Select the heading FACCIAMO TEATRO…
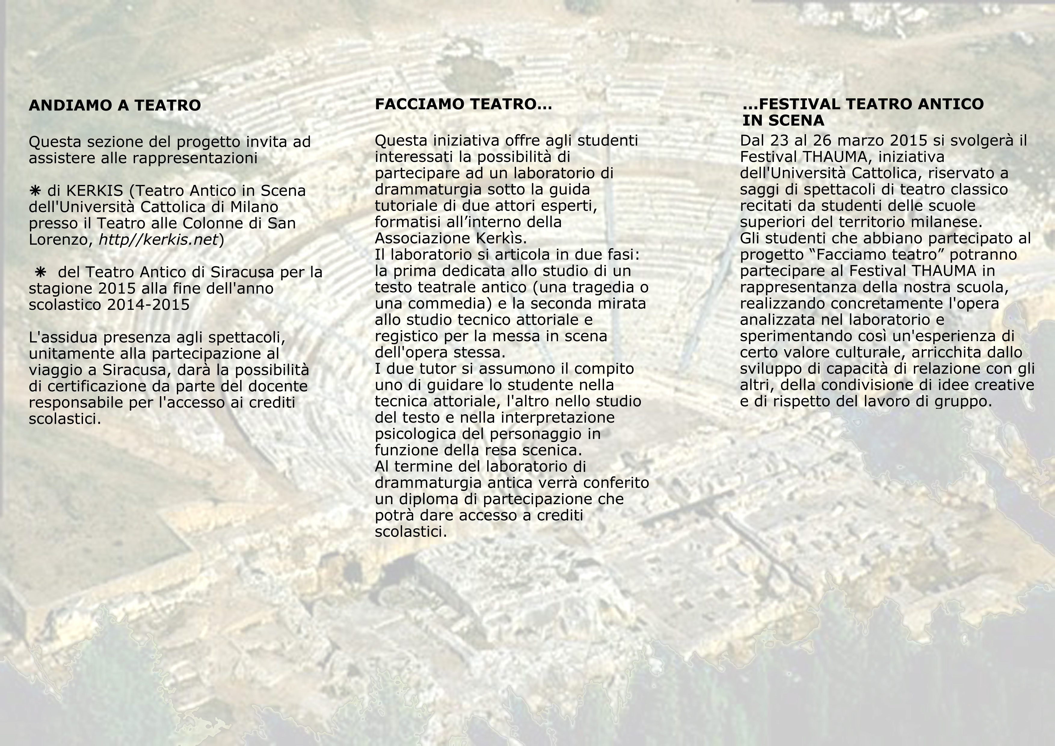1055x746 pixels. (x=463, y=104)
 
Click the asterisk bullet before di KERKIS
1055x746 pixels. (x=35, y=190)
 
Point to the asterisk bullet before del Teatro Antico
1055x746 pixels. (x=40, y=272)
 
